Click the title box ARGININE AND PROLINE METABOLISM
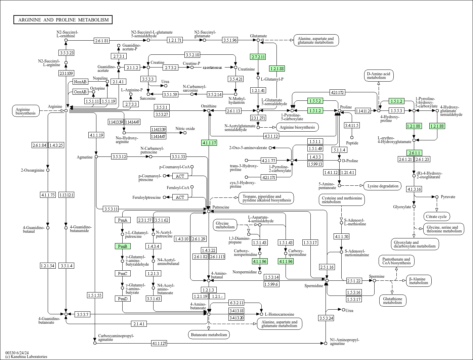63,20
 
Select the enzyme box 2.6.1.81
102,41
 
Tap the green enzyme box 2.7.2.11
258,57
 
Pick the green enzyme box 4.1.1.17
209,143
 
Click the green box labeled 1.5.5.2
315,101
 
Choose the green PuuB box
123,246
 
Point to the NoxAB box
80,82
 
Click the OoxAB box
80,92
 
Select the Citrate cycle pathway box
437,217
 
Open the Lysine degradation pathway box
383,186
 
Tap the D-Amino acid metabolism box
378,76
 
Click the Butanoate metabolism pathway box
209,334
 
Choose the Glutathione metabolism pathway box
392,301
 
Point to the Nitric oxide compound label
185,129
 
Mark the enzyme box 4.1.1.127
159,343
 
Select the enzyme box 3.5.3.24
326,318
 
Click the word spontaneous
212,67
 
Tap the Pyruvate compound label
448,196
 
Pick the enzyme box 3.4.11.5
352,125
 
